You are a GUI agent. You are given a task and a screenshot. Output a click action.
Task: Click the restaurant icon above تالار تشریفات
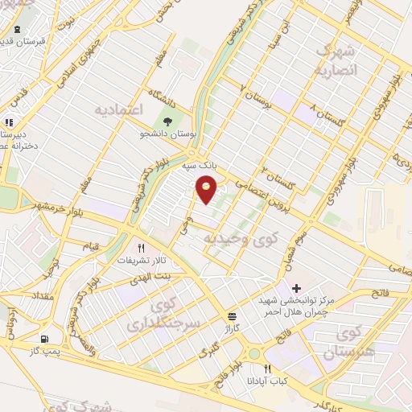click(x=141, y=248)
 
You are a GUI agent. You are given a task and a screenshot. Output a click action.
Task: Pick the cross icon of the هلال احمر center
click(x=297, y=287)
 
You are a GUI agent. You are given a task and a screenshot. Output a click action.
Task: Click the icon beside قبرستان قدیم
click(x=17, y=30)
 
